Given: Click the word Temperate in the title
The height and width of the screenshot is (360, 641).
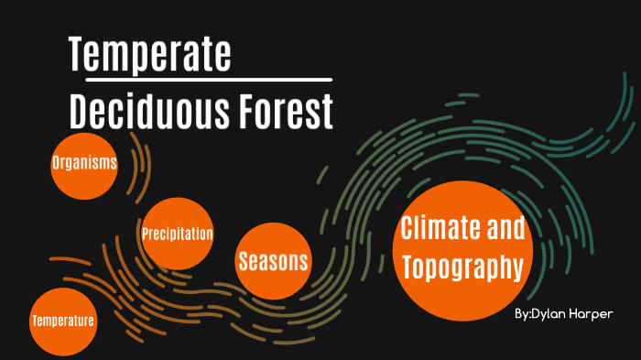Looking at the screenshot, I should pos(150,55).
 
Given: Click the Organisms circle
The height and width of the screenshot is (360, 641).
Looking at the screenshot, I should pos(85,165).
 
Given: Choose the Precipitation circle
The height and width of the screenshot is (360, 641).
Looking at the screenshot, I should pos(178,234).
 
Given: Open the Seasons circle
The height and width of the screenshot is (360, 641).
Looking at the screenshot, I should pos(273,261).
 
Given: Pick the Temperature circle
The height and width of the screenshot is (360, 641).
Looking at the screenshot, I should pos(63,322).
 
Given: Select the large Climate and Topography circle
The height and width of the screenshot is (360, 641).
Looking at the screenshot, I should pos(462,249).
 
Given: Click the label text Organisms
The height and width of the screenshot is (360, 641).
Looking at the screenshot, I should pos(85,164).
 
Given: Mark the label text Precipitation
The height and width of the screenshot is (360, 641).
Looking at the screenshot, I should pos(178,234).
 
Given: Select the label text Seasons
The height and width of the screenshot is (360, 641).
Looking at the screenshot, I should pos(273,261).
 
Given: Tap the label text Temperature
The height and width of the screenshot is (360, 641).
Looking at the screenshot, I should pos(63,322).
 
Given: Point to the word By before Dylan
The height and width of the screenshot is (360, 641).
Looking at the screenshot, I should pos(521,315).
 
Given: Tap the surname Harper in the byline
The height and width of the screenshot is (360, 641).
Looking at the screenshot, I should pos(592,314).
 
